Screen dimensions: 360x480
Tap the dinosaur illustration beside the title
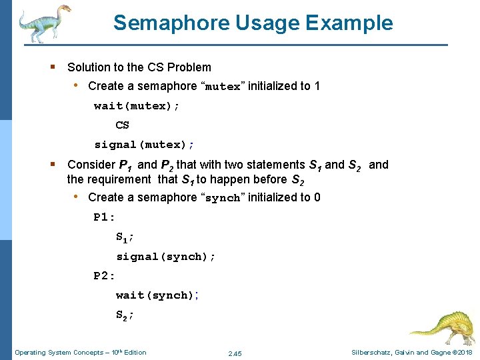[x=45, y=23]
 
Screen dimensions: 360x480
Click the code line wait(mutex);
[x=137, y=105]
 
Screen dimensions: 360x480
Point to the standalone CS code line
[x=122, y=125]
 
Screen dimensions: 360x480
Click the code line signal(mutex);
[x=144, y=144]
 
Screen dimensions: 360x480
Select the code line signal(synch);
[x=165, y=256]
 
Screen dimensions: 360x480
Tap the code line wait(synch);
[x=157, y=295]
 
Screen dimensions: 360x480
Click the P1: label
[x=105, y=217]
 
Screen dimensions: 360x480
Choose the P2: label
[x=105, y=275]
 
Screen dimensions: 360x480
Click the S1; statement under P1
[x=125, y=237]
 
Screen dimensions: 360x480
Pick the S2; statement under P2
[x=125, y=315]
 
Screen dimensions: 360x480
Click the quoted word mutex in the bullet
[x=223, y=87]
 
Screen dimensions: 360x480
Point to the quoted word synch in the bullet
[x=223, y=198]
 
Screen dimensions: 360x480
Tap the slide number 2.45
[x=235, y=353]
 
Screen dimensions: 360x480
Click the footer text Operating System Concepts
[x=59, y=352]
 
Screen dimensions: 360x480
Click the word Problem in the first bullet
[x=189, y=67]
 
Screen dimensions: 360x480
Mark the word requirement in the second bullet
[x=119, y=179]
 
